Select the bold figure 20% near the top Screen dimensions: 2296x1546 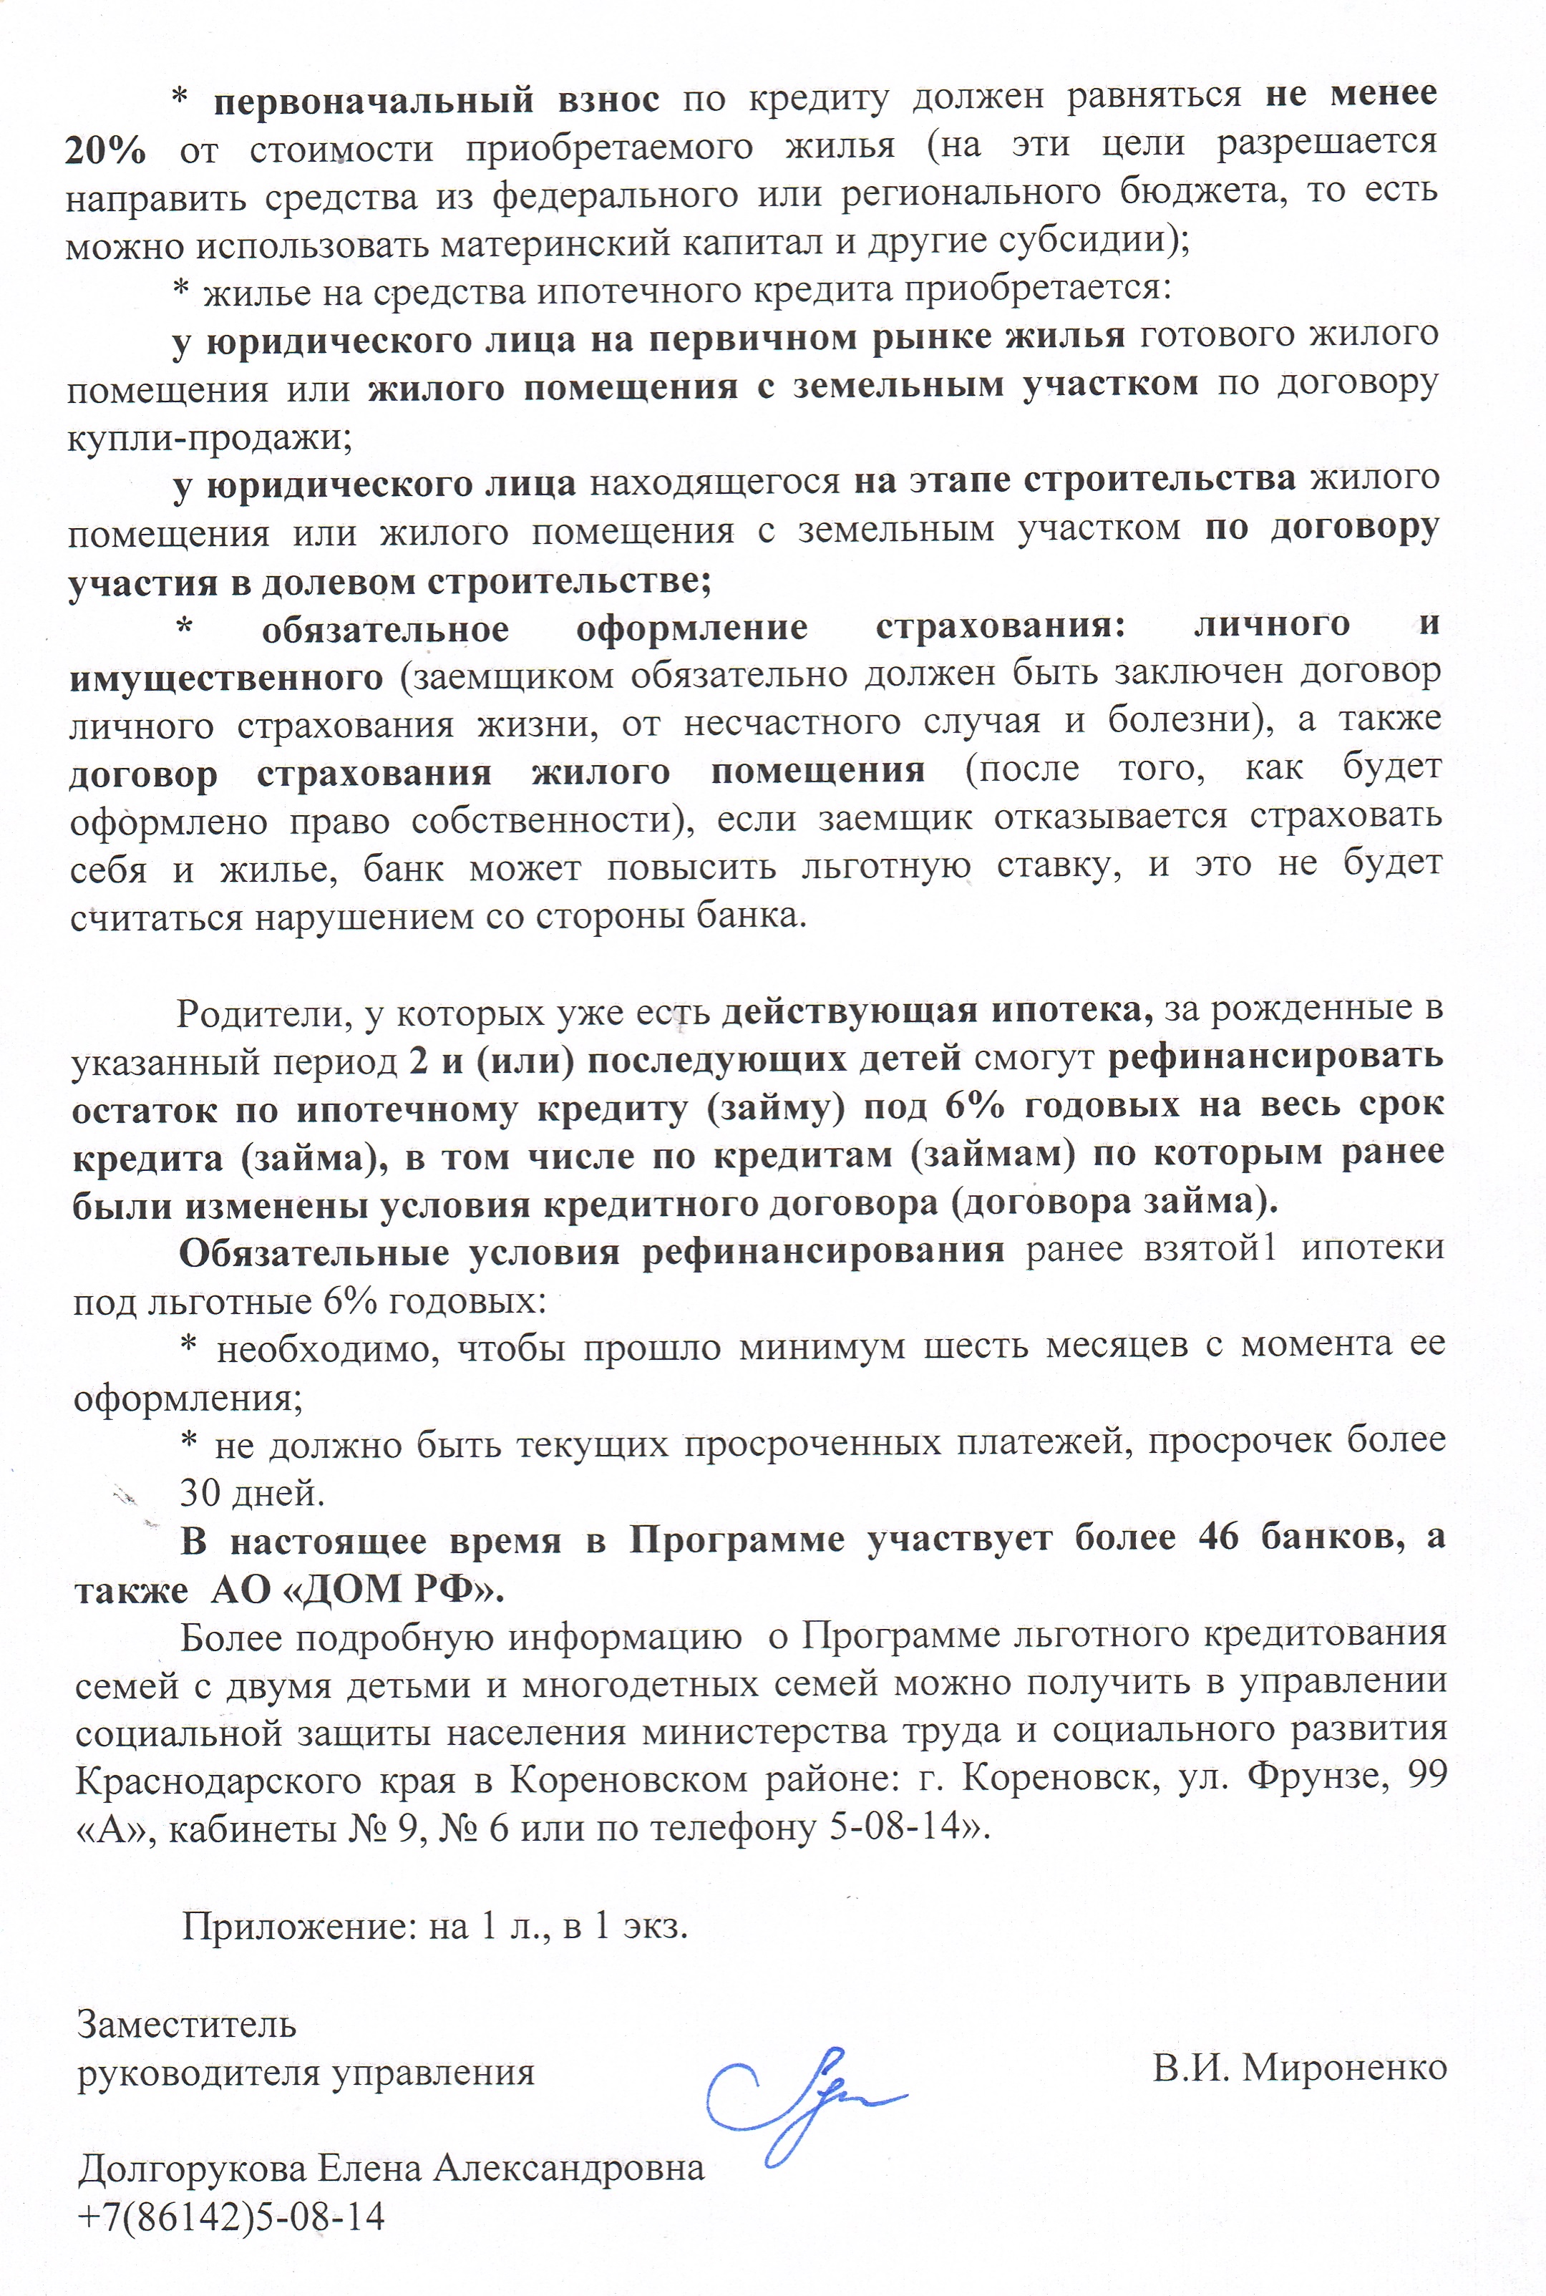[x=107, y=149]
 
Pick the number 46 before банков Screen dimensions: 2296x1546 [x=1219, y=1540]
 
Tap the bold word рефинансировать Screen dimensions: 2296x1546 [x=1276, y=1057]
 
